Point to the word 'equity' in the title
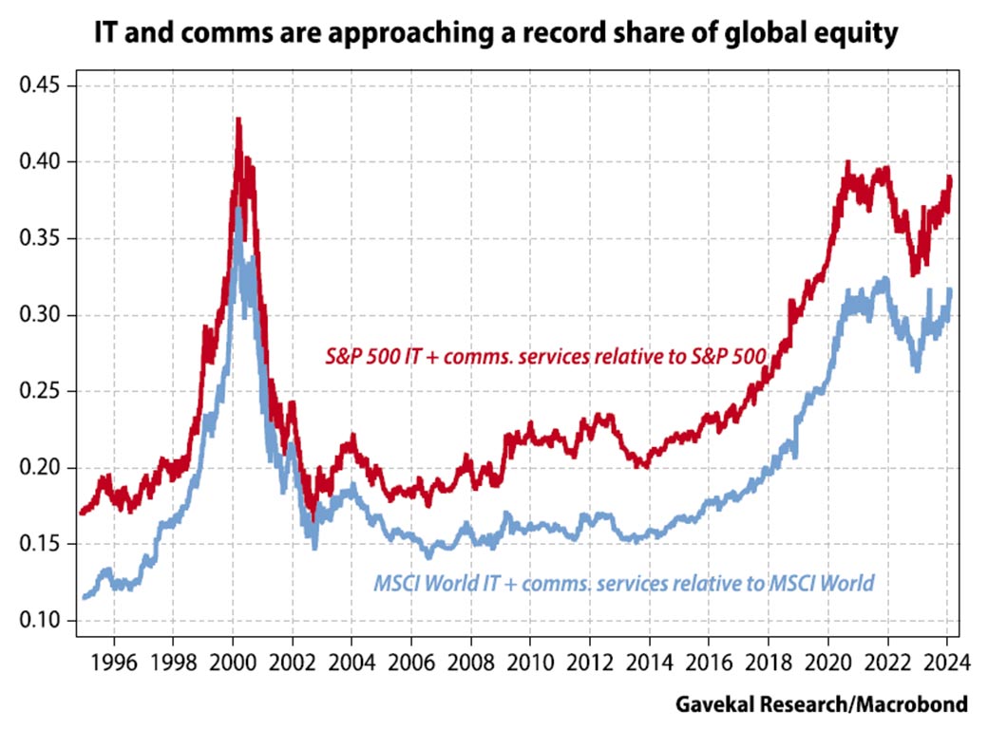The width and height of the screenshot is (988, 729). point(857,36)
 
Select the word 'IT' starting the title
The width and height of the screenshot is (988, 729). point(105,36)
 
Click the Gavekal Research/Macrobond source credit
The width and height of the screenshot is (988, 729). point(822,704)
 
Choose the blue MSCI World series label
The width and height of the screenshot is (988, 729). point(623,582)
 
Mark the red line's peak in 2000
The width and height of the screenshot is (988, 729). point(237,119)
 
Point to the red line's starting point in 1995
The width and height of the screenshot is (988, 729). point(81,514)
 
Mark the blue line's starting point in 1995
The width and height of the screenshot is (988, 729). point(83,597)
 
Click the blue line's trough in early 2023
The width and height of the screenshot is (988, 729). point(917,370)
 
